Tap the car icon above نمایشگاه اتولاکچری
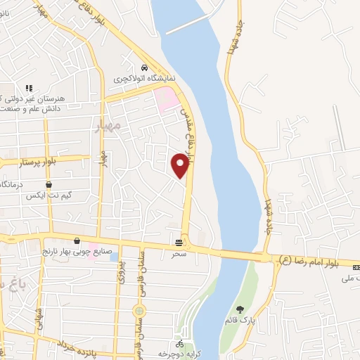(144, 67)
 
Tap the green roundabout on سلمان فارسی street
(139, 310)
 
